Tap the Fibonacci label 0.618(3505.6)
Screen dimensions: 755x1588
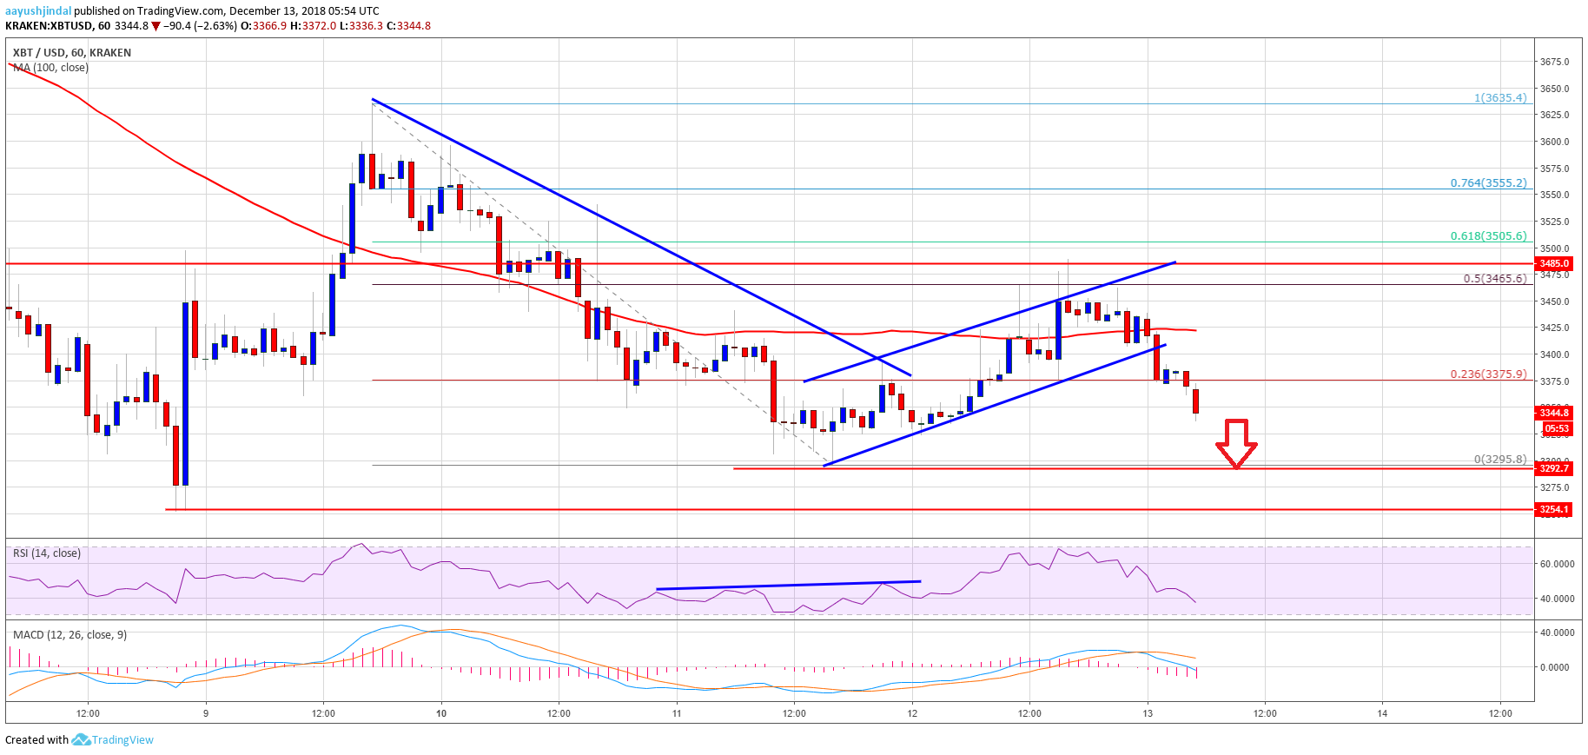tap(1487, 236)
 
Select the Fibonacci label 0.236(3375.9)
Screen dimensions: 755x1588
tap(1487, 374)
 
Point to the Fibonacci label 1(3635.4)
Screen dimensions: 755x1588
tap(1499, 98)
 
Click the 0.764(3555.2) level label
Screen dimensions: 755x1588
tap(1487, 183)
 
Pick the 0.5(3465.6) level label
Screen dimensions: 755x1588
tap(1494, 279)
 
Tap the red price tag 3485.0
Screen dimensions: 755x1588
tap(1554, 263)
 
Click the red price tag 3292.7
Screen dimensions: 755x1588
tap(1554, 468)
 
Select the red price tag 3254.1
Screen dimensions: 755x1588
tap(1554, 510)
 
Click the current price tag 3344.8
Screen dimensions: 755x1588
tap(1554, 413)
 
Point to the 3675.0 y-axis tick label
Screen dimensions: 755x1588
tap(1554, 62)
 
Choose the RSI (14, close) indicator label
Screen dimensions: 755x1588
tap(47, 553)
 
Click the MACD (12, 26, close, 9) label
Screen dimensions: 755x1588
tap(69, 635)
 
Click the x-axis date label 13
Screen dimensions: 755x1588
tap(1147, 713)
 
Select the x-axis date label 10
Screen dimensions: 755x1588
tap(441, 713)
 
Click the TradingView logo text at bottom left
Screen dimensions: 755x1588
tap(122, 740)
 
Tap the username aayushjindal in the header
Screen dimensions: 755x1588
tap(38, 11)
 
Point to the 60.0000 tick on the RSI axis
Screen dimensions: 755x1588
tap(1557, 564)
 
